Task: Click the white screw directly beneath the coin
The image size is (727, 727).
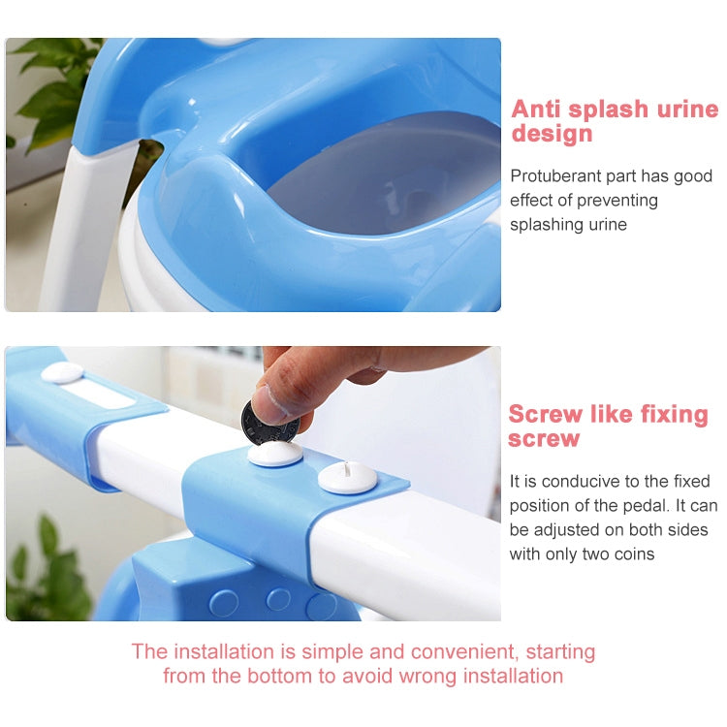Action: [x=275, y=454]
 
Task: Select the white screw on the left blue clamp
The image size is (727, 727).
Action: [x=62, y=373]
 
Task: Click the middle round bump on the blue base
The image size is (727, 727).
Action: [x=278, y=599]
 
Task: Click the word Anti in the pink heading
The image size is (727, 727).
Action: [x=543, y=109]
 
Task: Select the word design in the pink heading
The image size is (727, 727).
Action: [x=552, y=134]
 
